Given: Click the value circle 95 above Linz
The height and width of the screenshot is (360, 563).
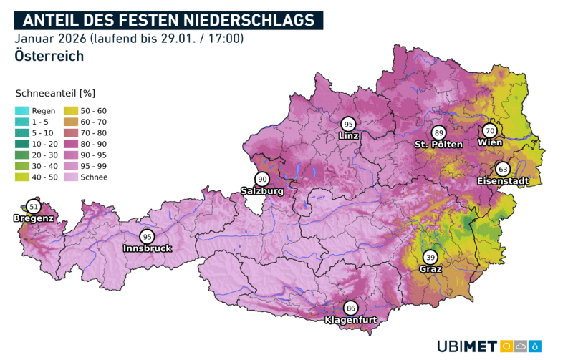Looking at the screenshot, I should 348,123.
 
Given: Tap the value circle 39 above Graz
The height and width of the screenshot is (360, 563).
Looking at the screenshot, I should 430,257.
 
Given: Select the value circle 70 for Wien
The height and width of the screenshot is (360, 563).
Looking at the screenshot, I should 490,131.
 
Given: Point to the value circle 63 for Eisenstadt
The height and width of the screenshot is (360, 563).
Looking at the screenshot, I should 503,170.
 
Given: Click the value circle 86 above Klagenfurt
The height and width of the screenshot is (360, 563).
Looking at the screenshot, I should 350,308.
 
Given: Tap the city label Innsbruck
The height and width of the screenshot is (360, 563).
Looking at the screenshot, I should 147,248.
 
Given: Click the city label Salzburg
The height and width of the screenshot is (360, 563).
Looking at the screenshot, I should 262,191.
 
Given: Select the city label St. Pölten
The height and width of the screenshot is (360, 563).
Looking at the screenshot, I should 438,145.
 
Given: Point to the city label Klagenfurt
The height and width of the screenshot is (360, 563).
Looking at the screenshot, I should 350,320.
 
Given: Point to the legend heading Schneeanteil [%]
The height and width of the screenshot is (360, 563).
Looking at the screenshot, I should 55,93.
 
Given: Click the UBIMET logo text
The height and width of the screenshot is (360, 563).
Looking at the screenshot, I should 467,346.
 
